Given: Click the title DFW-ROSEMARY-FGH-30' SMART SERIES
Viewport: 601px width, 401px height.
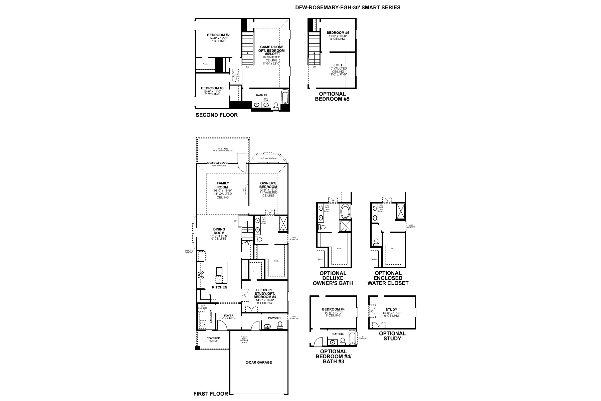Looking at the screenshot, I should click(348, 7).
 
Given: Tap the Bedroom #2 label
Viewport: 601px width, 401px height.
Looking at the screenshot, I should click(218, 35).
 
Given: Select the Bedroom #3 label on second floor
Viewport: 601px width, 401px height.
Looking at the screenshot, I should click(212, 88).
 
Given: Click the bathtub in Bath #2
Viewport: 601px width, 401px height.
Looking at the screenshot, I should click(285, 97).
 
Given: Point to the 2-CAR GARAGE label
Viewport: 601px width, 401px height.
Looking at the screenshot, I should click(259, 362).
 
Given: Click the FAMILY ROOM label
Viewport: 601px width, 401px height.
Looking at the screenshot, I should click(223, 185).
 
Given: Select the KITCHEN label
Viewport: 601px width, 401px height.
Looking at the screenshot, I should click(220, 287).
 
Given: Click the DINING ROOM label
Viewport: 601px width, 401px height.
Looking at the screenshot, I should click(219, 231).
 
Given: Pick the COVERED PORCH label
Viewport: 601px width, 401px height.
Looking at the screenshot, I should click(213, 340).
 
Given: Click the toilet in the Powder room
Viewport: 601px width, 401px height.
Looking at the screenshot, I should click(279, 324).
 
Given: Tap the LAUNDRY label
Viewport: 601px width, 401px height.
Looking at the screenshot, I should click(211, 316).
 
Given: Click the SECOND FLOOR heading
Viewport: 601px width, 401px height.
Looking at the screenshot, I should click(216, 115).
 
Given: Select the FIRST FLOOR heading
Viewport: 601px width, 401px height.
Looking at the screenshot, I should click(210, 394).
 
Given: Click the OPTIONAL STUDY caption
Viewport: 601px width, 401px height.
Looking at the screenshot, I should click(392, 336).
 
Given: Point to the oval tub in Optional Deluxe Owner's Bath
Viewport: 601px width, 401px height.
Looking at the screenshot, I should click(346, 211).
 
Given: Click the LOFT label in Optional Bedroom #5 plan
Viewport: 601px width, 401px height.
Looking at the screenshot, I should click(338, 65).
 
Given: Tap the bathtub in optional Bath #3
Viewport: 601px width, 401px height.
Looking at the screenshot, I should click(352, 338).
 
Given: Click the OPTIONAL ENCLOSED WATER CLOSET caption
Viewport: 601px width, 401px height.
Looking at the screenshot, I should click(388, 278).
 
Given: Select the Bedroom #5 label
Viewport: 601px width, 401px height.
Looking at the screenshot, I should click(338, 33).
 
